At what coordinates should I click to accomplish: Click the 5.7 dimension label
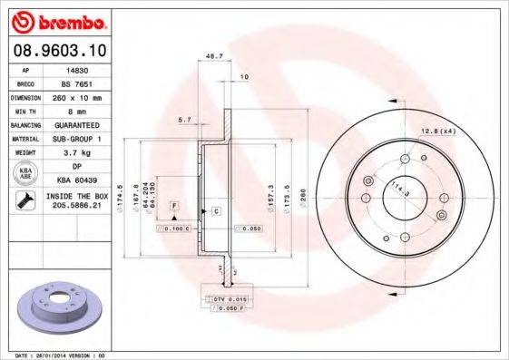184,119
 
